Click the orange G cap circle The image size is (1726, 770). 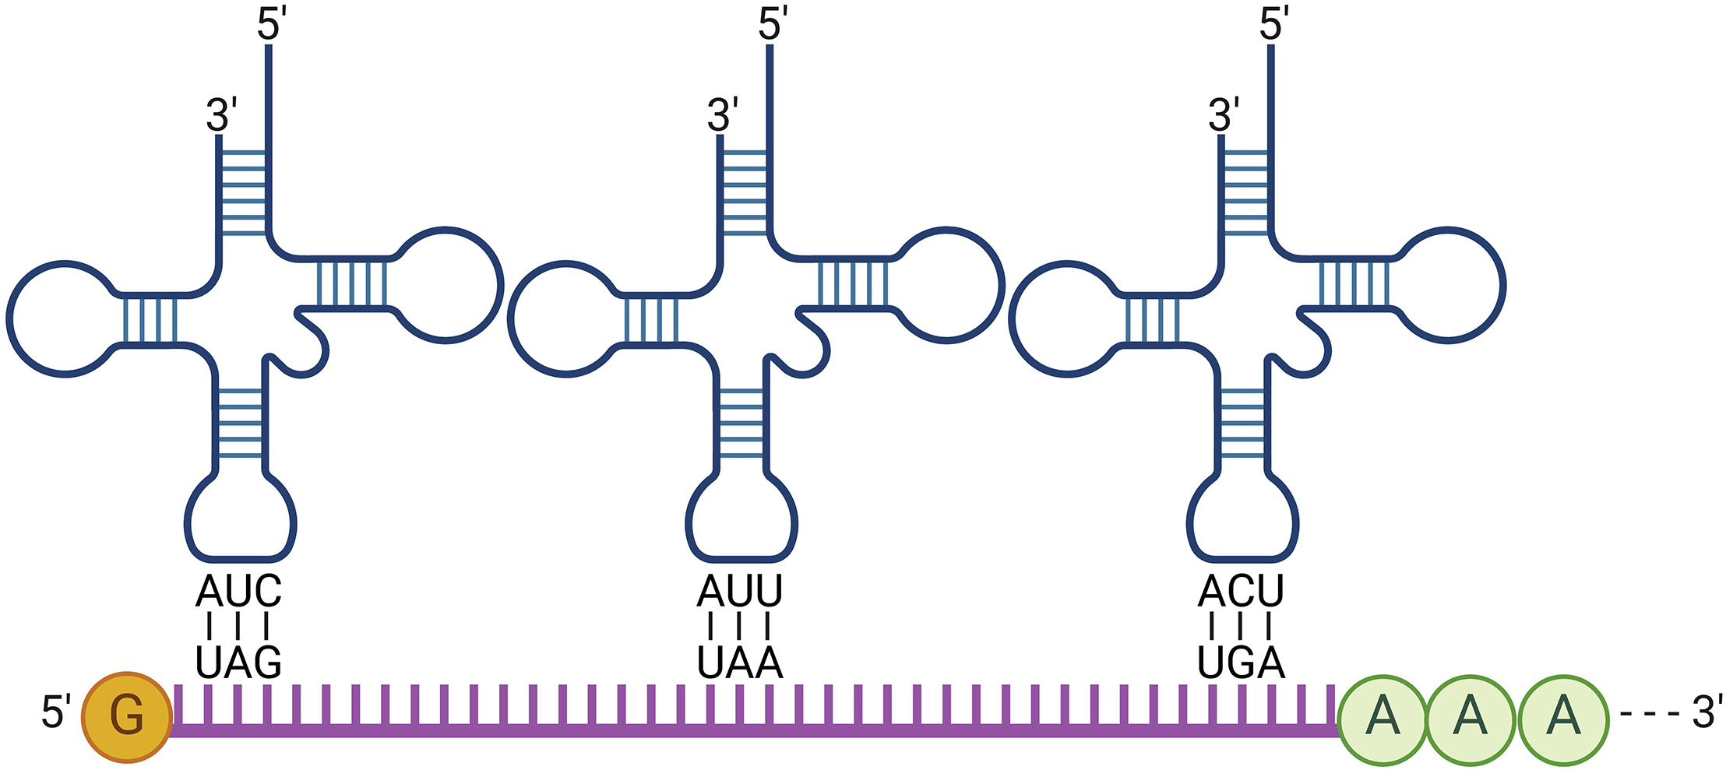click(126, 716)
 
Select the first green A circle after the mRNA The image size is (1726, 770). click(1383, 719)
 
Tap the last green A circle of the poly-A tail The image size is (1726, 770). click(1563, 719)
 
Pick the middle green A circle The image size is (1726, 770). click(1471, 719)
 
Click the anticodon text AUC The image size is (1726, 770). click(238, 592)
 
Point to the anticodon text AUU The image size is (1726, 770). click(739, 592)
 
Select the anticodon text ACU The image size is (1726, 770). click(1240, 592)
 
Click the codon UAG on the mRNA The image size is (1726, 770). click(238, 663)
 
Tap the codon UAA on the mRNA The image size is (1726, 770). click(739, 663)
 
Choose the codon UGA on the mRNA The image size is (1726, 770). click(1240, 663)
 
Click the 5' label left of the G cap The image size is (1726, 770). click(56, 712)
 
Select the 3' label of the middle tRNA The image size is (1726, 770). click(722, 115)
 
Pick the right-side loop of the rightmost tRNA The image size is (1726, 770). click(1449, 284)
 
